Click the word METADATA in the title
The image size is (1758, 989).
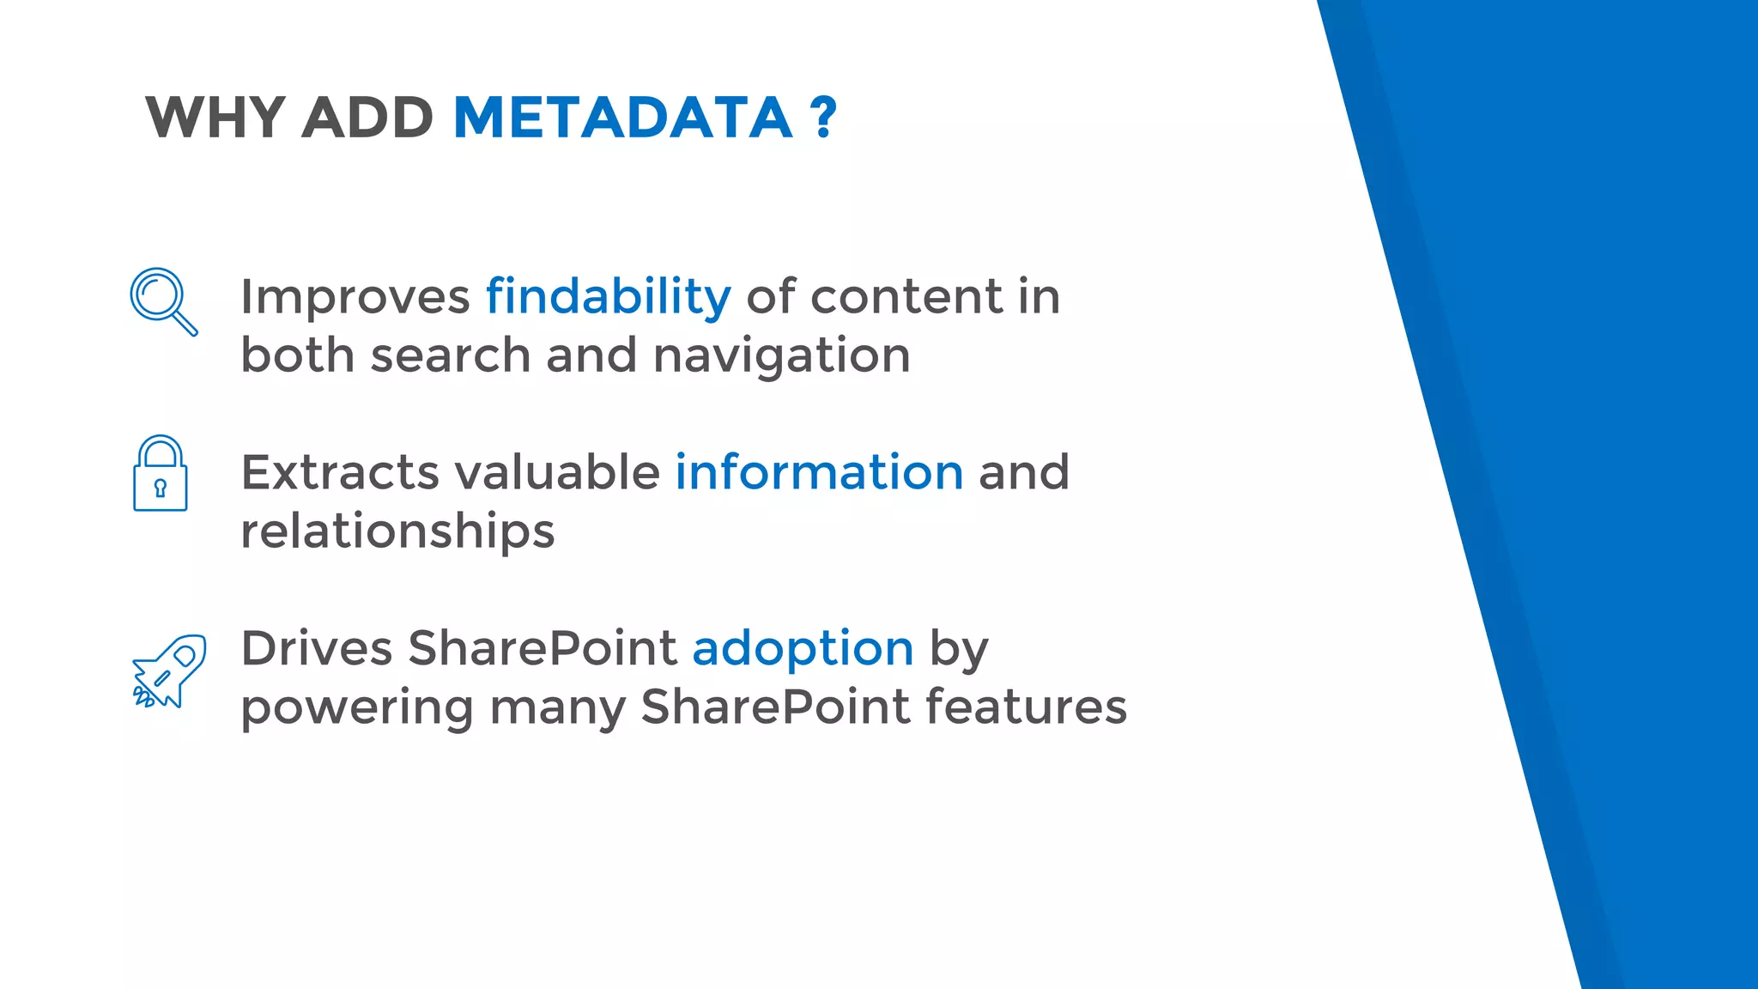(621, 118)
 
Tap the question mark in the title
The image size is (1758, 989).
(823, 118)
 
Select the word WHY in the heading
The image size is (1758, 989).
(215, 118)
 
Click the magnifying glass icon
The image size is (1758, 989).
(163, 300)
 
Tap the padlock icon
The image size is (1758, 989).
(161, 474)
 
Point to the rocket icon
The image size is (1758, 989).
(170, 671)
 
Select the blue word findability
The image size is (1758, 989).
(608, 297)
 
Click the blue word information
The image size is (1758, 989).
(819, 472)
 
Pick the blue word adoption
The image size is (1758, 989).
(803, 648)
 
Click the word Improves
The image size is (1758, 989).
(355, 297)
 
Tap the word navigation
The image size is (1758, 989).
(781, 355)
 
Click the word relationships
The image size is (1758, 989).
(397, 531)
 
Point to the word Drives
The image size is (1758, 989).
(316, 648)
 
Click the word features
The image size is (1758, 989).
(1026, 707)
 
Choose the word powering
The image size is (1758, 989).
(356, 708)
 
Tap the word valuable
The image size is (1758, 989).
(556, 472)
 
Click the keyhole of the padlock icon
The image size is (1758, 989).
(160, 488)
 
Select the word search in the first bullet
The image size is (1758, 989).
(451, 355)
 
